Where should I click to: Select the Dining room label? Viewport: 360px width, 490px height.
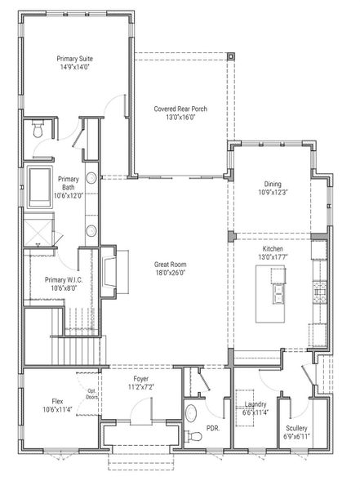(273, 188)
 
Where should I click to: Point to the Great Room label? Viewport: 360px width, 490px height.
(173, 269)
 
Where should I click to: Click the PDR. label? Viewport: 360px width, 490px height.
(214, 428)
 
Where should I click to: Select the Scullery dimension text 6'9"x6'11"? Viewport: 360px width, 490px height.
(296, 437)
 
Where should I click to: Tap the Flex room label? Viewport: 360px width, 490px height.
(58, 401)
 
